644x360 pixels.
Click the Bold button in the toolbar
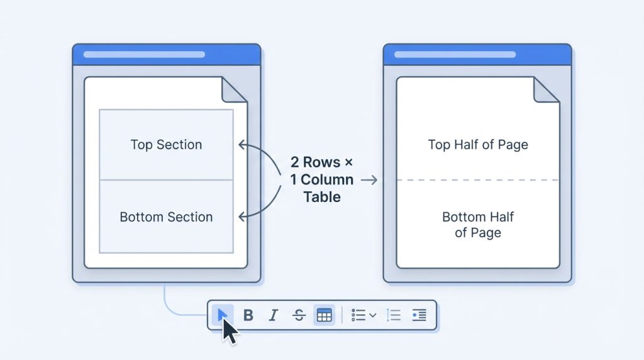click(x=248, y=315)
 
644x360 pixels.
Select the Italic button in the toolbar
click(x=274, y=315)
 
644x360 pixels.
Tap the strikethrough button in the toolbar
click(x=299, y=315)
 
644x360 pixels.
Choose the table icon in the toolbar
click(x=324, y=315)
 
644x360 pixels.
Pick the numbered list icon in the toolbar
click(x=394, y=315)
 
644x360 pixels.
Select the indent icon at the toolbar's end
click(x=419, y=315)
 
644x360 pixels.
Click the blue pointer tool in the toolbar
click(x=222, y=315)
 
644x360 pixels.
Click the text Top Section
click(x=166, y=145)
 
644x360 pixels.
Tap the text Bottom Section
click(x=166, y=217)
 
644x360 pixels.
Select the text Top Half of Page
click(x=478, y=145)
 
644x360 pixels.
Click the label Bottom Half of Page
click(x=478, y=225)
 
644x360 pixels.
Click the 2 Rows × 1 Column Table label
click(x=322, y=179)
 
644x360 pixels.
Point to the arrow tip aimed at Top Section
click(x=240, y=145)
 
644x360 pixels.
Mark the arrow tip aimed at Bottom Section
click(x=240, y=217)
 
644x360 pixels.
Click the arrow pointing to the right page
click(x=369, y=180)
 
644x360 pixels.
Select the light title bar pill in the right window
click(x=455, y=55)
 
